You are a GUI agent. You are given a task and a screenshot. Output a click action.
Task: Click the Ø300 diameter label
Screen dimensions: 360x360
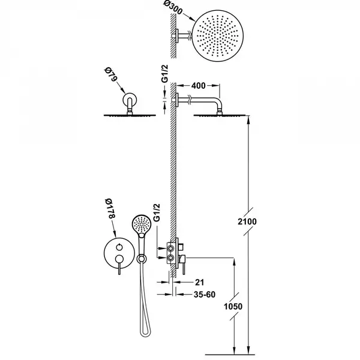[x=173, y=8]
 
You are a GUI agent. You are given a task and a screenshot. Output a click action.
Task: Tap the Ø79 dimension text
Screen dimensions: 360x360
[x=110, y=74]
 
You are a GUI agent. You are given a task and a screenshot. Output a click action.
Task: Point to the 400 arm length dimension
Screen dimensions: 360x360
[x=199, y=86]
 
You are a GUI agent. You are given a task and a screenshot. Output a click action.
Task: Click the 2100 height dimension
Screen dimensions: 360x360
[x=247, y=221]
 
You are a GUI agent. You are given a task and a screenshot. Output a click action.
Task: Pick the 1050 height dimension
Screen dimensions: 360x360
[x=233, y=306]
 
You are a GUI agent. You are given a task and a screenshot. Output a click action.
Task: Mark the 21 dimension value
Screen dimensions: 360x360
[x=199, y=282]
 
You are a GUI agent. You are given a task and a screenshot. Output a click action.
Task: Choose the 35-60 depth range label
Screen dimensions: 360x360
[x=205, y=295]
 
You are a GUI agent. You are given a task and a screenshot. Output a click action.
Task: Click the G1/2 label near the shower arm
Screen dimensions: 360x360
[x=165, y=73]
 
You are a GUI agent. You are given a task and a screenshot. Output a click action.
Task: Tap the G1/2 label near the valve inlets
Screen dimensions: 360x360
[x=157, y=212]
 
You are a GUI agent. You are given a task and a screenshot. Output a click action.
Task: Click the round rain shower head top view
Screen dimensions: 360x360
[x=217, y=36]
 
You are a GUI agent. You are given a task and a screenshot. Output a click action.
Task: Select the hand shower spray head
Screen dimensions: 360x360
[x=142, y=224]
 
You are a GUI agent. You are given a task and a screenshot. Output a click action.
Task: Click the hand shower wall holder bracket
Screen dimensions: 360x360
[x=142, y=259]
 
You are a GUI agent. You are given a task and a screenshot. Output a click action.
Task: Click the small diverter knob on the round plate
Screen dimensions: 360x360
[x=119, y=247]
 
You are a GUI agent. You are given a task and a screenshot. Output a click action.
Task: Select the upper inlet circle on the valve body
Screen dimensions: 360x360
[x=170, y=248]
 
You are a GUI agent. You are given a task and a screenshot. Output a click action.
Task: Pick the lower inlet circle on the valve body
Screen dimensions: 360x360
[x=170, y=257]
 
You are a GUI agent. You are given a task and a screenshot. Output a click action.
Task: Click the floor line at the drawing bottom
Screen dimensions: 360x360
[x=230, y=355]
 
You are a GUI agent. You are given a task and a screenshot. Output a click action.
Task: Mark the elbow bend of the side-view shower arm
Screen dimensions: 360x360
[x=218, y=101]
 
